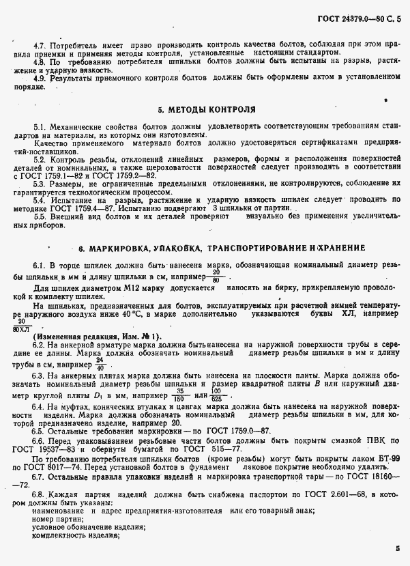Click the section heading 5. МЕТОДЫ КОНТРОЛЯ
(207, 109)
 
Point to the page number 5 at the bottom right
(397, 547)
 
